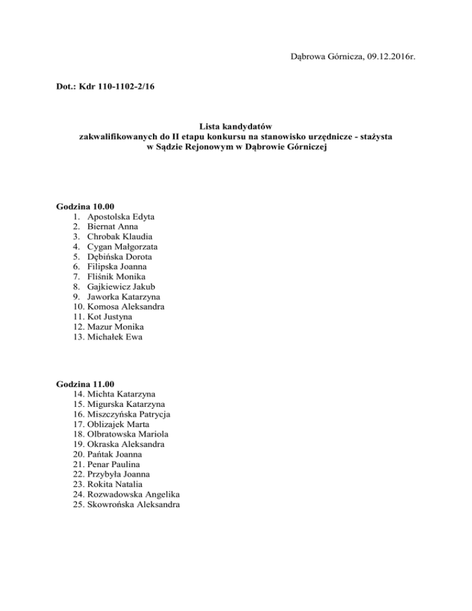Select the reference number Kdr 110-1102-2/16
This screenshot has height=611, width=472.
pos(116,88)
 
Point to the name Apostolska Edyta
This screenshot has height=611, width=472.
pos(121,216)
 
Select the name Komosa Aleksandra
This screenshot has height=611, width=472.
pos(126,306)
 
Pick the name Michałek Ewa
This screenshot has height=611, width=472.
pos(117,336)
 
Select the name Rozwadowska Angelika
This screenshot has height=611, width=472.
pos(134,494)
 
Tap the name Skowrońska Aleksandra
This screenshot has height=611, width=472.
pos(134,505)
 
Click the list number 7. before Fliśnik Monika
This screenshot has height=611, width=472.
pos(76,277)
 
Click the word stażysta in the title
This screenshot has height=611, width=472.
pos(375,136)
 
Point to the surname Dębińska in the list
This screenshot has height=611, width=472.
pos(107,256)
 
